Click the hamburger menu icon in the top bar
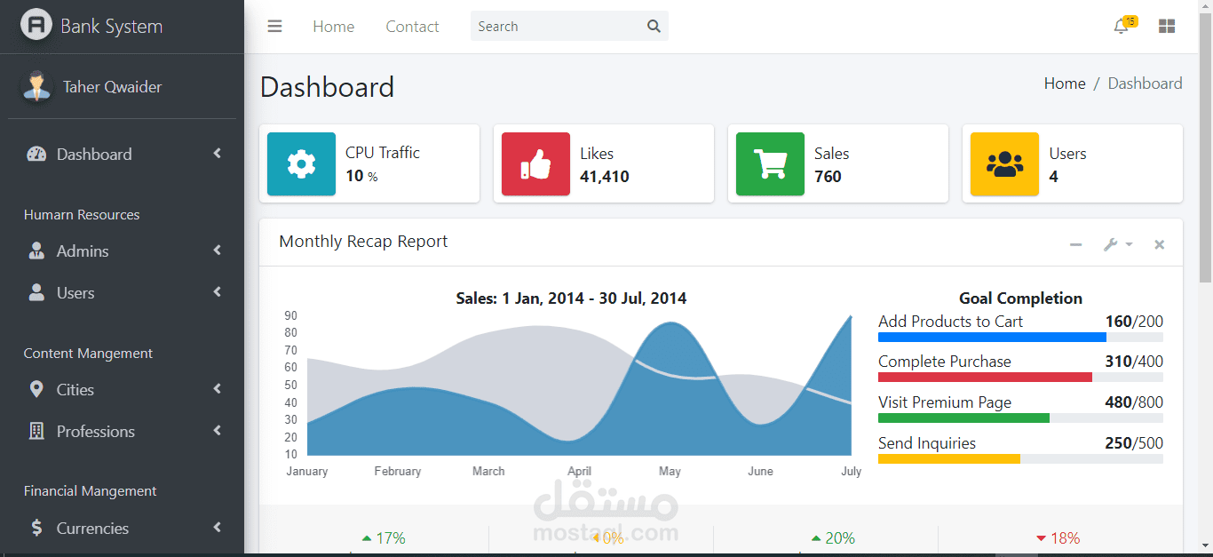point(274,26)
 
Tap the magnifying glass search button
point(654,26)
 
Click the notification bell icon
point(1121,26)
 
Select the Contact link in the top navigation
point(412,27)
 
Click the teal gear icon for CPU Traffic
point(301,163)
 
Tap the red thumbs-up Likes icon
point(535,163)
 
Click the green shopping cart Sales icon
point(770,163)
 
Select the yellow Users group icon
point(1004,163)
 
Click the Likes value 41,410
point(605,177)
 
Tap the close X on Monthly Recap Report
point(1159,245)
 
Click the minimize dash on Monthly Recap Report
point(1075,245)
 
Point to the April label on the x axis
point(580,472)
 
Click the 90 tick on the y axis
point(290,315)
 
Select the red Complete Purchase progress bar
point(985,378)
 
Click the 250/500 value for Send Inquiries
point(1134,443)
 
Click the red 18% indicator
point(1058,538)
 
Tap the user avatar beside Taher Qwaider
point(36,87)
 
